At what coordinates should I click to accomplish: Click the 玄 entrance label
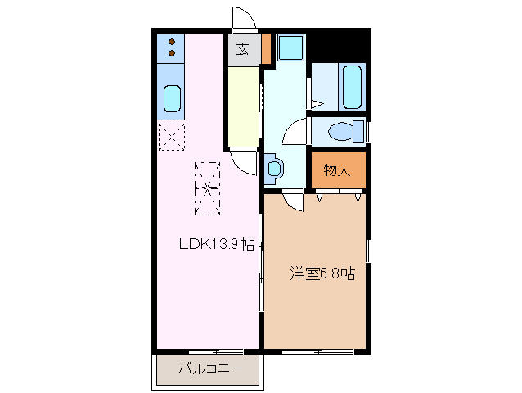[243, 50]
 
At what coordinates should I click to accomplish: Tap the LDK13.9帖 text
[217, 244]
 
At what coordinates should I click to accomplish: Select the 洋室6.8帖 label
[322, 273]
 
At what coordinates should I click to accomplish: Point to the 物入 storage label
[336, 170]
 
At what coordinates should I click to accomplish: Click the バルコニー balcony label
[210, 368]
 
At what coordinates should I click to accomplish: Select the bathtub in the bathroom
[353, 88]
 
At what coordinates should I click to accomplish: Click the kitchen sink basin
[172, 99]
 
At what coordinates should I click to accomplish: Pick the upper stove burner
[172, 41]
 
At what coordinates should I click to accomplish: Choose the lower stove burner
[172, 53]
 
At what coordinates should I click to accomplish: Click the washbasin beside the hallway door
[273, 169]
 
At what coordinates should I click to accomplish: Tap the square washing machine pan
[289, 48]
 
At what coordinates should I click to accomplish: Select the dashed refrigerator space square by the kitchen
[172, 136]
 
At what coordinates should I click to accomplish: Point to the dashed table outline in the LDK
[207, 189]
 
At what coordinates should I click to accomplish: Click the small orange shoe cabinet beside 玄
[265, 50]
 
